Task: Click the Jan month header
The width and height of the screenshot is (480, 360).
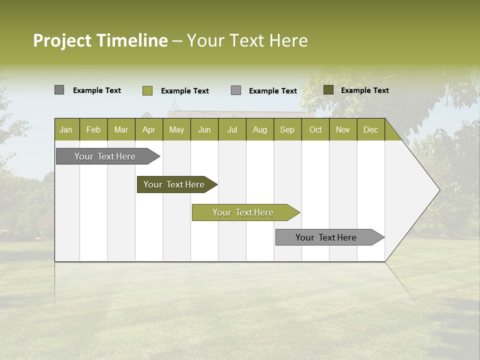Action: [66, 129]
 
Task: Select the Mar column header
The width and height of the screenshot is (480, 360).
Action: [121, 129]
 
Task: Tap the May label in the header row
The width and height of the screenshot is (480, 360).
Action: [176, 129]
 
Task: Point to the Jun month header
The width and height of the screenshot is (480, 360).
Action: [204, 129]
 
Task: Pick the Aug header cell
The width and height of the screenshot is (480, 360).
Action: [259, 129]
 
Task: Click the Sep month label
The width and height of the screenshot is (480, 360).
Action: [287, 129]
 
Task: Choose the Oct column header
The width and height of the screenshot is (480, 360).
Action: [315, 129]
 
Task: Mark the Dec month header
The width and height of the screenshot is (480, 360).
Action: [370, 129]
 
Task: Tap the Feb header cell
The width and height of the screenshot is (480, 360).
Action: [93, 129]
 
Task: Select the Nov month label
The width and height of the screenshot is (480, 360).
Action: [343, 129]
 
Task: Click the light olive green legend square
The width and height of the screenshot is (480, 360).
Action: [147, 90]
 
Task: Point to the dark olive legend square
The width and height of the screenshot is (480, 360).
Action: [328, 90]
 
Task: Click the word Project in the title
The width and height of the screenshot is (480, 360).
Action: [62, 40]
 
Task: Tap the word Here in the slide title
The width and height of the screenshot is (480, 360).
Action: [288, 40]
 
